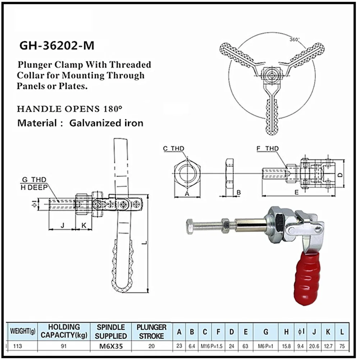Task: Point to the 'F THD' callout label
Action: coord(267,148)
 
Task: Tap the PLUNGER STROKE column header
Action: coord(151,332)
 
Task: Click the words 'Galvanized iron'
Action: coord(106,123)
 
